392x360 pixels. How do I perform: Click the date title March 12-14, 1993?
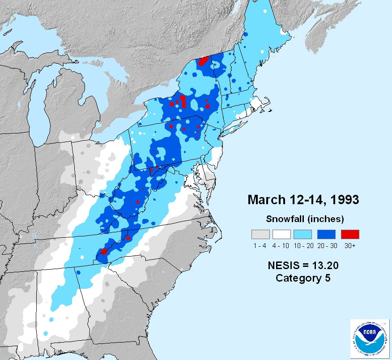tap(303, 199)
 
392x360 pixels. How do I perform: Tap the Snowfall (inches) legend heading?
tap(305, 219)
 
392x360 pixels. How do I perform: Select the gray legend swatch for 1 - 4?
tap(260, 234)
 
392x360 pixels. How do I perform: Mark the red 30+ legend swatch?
tap(350, 234)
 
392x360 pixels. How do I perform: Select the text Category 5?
tap(303, 278)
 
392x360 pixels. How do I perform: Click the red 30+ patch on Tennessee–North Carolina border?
tap(104, 252)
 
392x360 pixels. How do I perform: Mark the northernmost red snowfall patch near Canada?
tap(204, 61)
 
